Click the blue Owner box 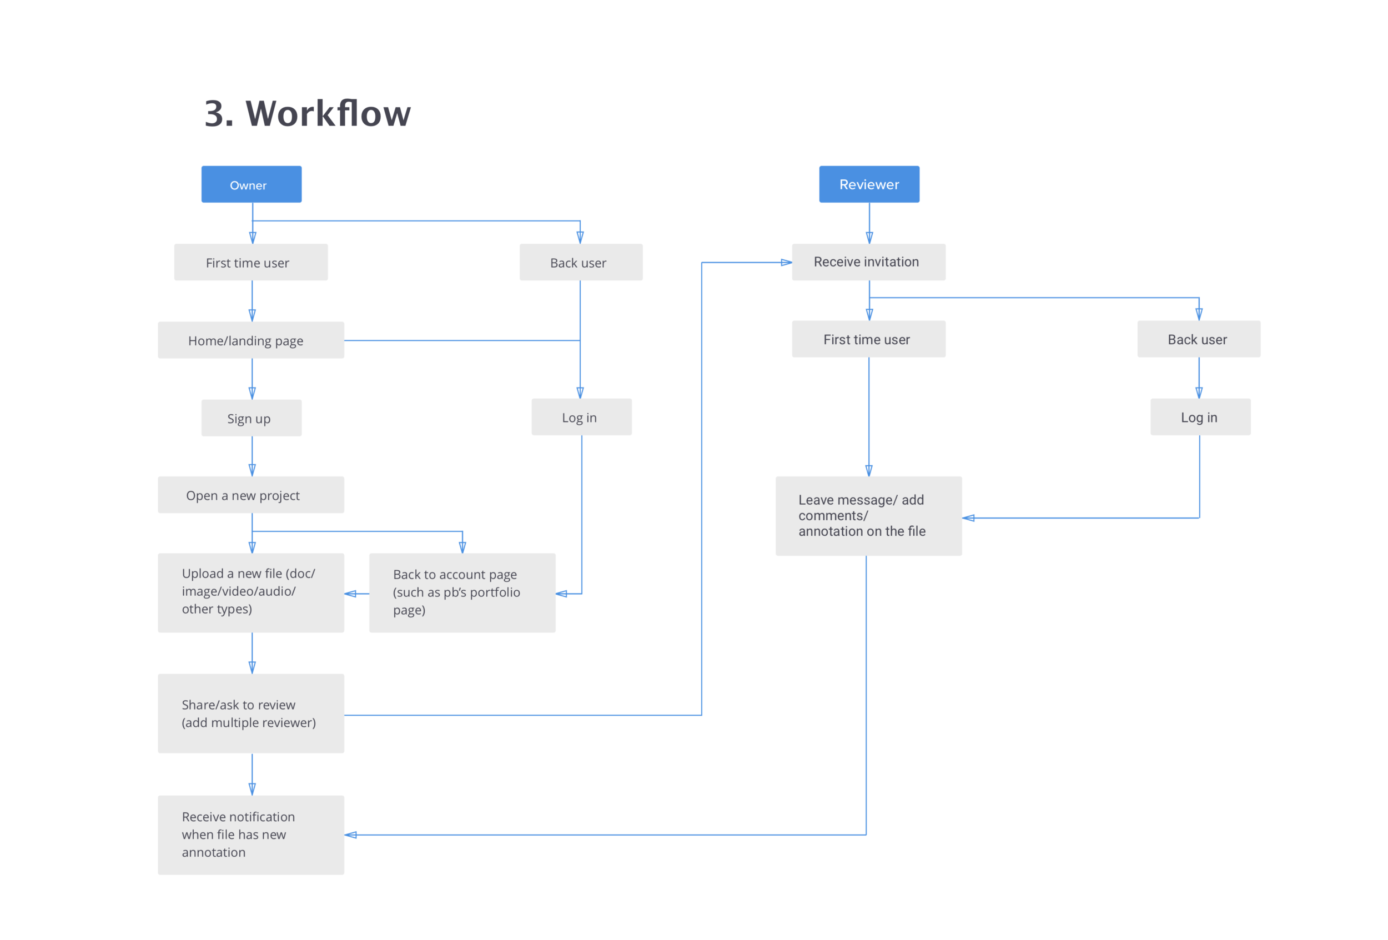point(252,184)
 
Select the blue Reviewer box point(869,184)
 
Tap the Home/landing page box point(251,340)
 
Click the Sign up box point(252,418)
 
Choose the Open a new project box point(251,495)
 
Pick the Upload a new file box point(251,592)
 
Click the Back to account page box point(462,592)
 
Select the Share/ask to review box point(251,713)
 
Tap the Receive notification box point(251,835)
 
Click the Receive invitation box point(868,262)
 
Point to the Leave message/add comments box point(868,516)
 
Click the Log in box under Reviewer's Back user point(1200,417)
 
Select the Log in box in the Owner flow point(581,417)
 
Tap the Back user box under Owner point(581,262)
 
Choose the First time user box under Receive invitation point(868,339)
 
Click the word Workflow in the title point(328,113)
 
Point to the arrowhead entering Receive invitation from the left point(787,262)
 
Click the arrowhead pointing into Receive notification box point(350,835)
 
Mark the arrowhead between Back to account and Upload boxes point(350,594)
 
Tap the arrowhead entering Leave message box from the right point(968,518)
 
